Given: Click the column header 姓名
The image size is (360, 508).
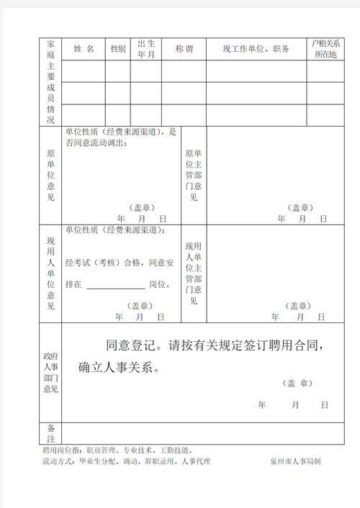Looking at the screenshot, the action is click(x=84, y=49).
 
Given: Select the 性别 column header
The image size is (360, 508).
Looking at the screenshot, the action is click(x=117, y=49).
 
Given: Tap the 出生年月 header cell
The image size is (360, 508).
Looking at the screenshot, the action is click(x=146, y=49).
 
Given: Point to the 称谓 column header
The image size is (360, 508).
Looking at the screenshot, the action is click(x=184, y=49).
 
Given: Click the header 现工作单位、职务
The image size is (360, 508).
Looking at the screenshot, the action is click(x=256, y=49).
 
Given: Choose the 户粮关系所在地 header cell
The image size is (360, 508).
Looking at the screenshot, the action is click(x=325, y=49).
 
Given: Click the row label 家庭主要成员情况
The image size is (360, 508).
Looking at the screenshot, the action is click(x=50, y=81).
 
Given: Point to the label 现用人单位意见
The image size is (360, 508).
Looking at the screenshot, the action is click(x=50, y=274).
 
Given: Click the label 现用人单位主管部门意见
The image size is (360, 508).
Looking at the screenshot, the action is click(x=193, y=273).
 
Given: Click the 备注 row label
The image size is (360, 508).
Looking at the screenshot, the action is click(x=50, y=432).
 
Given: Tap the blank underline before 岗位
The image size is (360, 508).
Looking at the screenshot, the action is click(x=115, y=285).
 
